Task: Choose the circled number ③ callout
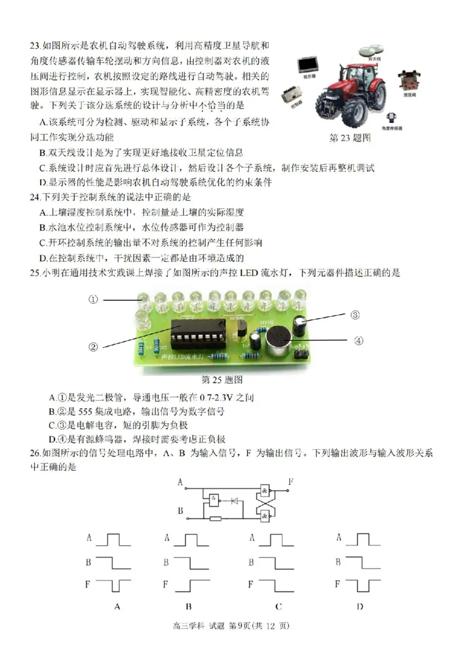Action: pos(356,315)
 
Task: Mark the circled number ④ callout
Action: pos(358,341)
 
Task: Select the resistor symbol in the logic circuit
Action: pos(215,518)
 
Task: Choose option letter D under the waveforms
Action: pos(360,606)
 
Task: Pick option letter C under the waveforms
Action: pos(279,606)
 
